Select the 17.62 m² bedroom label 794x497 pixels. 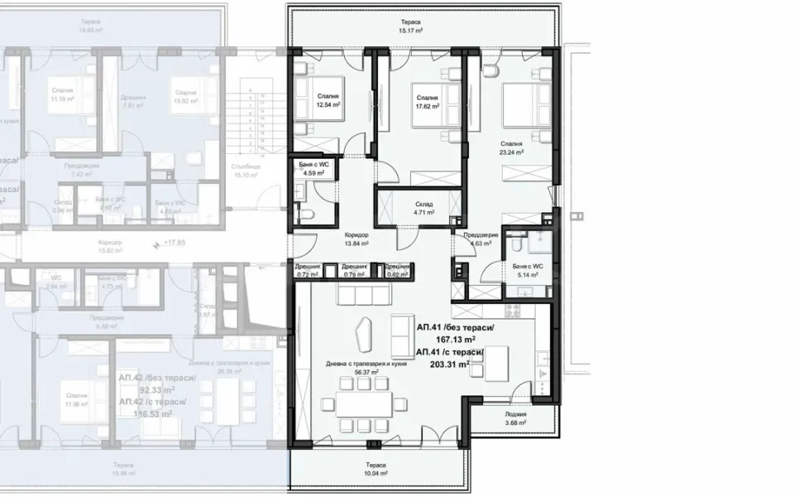[x=427, y=102]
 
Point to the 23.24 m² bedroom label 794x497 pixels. [x=533, y=148]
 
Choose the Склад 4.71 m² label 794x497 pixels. [x=425, y=208]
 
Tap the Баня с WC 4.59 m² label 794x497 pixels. [x=314, y=170]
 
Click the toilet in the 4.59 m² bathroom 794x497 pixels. [x=307, y=215]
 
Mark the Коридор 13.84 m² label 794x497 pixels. [x=356, y=240]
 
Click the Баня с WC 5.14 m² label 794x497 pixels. [x=526, y=270]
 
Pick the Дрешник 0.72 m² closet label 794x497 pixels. [x=308, y=270]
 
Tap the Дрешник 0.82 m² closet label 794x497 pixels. [x=397, y=270]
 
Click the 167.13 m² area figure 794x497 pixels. [x=457, y=339]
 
